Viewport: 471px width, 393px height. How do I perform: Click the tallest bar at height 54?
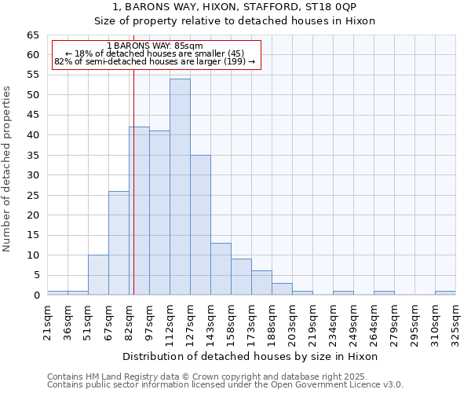pos(180,187)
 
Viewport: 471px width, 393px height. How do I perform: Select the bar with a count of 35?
pos(200,225)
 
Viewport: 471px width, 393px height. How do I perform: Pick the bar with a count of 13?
pos(221,269)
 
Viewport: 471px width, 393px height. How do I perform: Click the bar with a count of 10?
pos(98,275)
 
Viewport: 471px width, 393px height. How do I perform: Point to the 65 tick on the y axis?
pos(33,35)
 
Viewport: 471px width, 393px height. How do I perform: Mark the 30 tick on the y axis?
pos(33,175)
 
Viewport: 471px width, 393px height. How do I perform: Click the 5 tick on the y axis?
pos(36,275)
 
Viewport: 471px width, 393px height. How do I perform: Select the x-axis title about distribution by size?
pos(250,356)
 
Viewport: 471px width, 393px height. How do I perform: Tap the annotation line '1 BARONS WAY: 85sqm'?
pos(155,46)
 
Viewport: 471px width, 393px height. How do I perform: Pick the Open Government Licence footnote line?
pos(225,384)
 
